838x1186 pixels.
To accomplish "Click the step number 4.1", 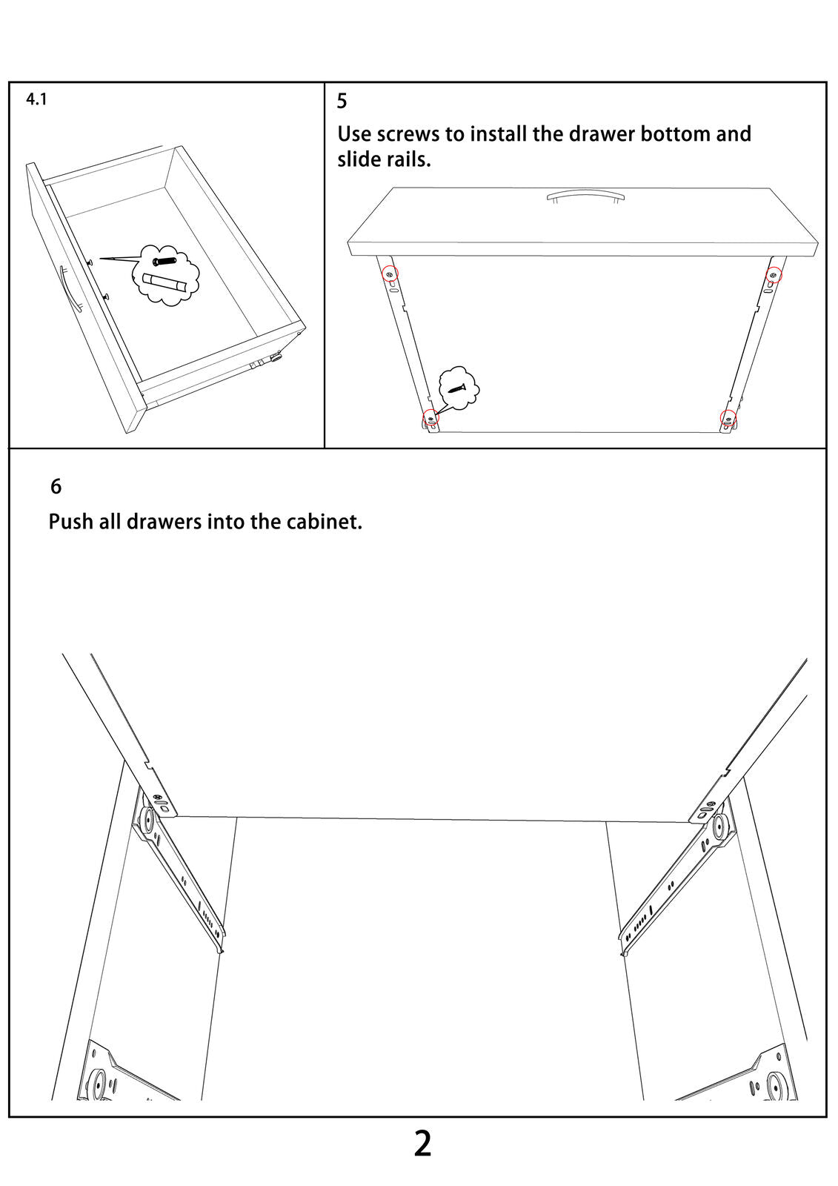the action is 36,99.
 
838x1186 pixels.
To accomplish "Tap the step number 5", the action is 342,101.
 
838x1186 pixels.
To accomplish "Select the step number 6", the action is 56,486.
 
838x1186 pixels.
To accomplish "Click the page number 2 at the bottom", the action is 422,1144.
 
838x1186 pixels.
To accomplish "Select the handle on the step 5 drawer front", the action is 586,196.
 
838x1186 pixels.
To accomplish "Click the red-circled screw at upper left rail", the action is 390,274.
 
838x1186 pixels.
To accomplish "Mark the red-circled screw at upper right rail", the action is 774,275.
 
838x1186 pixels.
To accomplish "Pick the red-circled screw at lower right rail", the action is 728,418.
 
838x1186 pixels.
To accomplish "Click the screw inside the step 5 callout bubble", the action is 457,388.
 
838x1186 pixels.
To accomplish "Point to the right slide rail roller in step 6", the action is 719,826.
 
